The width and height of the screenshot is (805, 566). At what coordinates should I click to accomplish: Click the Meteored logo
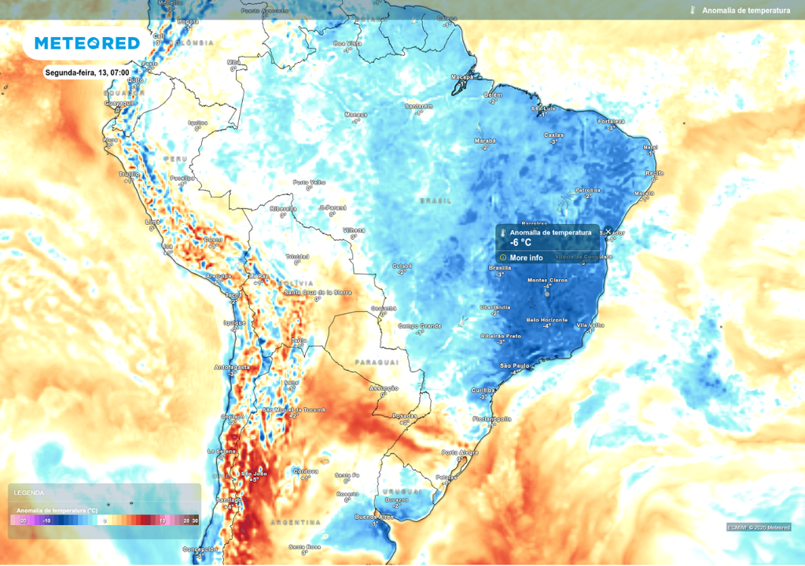[x=86, y=43]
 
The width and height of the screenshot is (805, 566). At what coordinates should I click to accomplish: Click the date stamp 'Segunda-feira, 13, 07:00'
[x=87, y=72]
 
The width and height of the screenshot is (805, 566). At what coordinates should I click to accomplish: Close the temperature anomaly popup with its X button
[x=608, y=231]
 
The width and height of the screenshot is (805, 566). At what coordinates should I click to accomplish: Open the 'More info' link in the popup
[x=526, y=257]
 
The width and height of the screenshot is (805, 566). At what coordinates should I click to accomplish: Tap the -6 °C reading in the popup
[x=521, y=243]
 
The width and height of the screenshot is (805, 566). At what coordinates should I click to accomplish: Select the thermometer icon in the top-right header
[x=693, y=10]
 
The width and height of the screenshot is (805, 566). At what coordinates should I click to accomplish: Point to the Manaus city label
[x=356, y=114]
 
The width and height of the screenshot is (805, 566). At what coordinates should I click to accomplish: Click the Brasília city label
[x=500, y=268]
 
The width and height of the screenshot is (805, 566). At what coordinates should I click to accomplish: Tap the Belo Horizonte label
[x=543, y=320]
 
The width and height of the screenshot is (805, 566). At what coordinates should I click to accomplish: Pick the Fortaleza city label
[x=611, y=122]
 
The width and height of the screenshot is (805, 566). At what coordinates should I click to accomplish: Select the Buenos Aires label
[x=374, y=516]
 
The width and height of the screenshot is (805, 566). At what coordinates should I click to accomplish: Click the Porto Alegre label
[x=460, y=452]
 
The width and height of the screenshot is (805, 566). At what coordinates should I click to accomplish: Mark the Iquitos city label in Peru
[x=197, y=123]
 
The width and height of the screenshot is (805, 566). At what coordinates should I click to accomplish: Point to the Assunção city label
[x=384, y=388]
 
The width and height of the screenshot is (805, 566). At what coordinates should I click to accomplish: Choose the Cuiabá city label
[x=402, y=266]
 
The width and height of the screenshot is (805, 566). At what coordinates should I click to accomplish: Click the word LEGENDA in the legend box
[x=29, y=493]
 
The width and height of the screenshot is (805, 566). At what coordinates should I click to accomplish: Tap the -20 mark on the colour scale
[x=23, y=520]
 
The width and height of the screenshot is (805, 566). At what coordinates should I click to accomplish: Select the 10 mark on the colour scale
[x=162, y=520]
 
